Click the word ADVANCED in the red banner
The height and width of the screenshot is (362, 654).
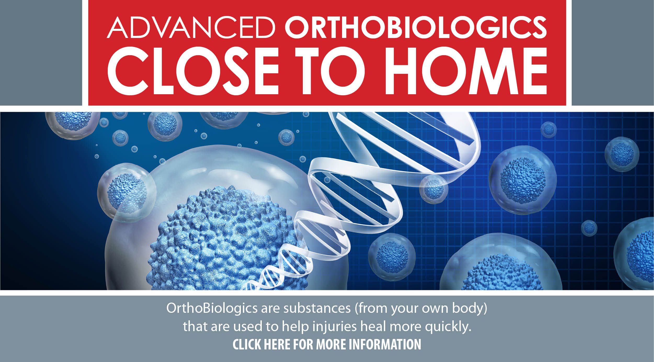[191, 28]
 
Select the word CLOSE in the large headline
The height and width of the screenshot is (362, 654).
[193, 71]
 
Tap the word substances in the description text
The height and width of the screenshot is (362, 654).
[317, 309]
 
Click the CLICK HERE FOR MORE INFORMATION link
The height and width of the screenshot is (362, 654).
[327, 344]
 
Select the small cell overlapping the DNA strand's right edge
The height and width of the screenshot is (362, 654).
[433, 189]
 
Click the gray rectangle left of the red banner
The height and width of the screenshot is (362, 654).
[41, 53]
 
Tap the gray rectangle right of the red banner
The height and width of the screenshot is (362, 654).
[613, 53]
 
